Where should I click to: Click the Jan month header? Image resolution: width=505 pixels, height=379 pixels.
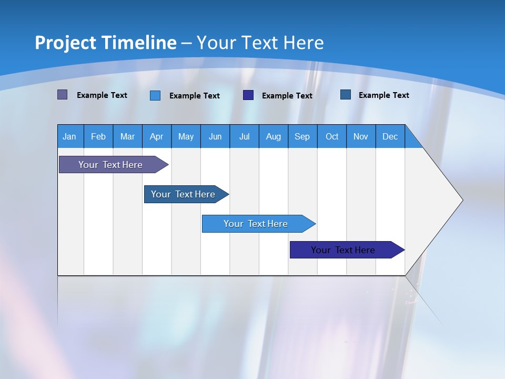(69, 136)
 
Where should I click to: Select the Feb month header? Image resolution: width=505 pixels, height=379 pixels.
(98, 136)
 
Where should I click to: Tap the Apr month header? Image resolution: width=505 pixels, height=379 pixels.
(156, 136)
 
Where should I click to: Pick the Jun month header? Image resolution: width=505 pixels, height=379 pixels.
(215, 136)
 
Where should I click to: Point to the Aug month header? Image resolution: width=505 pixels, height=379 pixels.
(273, 136)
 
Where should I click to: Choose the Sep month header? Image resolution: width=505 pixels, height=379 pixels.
(302, 136)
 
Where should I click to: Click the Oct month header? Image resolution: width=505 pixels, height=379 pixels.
(332, 136)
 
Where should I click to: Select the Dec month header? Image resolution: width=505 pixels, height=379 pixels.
(390, 136)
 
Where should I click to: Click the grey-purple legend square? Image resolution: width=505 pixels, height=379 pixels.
(62, 95)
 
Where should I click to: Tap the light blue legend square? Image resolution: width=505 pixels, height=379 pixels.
(155, 95)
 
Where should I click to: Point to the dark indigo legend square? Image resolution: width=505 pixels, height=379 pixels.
(248, 95)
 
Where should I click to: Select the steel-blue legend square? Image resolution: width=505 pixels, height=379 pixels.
(345, 95)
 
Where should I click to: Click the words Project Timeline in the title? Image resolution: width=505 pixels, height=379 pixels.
(105, 43)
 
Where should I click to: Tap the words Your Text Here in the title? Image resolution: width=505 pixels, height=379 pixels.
(260, 43)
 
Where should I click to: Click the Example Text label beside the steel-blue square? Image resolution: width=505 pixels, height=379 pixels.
(383, 95)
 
